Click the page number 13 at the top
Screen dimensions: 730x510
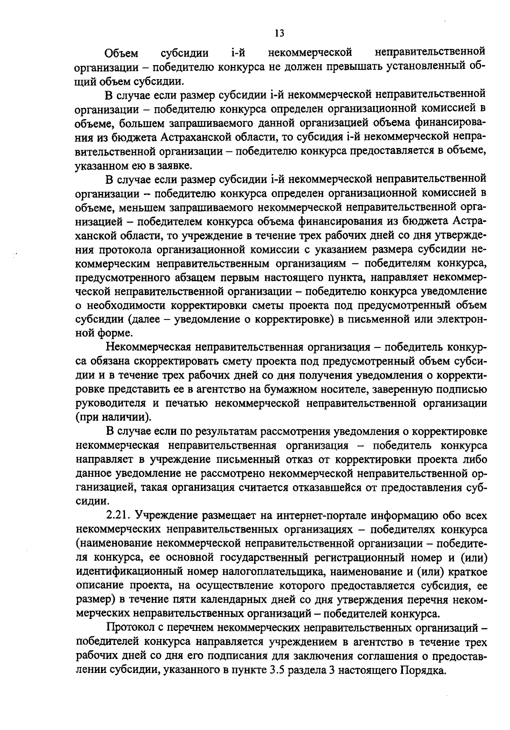pos(280,33)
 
